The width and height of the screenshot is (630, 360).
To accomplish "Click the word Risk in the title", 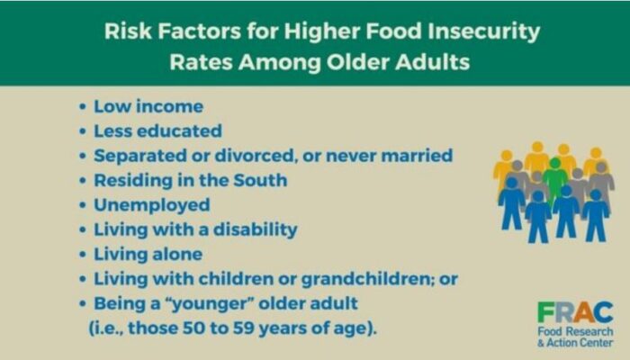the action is (128, 31).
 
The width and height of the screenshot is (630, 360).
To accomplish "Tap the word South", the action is (260, 180).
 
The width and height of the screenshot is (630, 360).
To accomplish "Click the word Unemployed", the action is (152, 205).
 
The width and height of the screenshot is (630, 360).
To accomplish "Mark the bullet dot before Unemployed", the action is (83, 206).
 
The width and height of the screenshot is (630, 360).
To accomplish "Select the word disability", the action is (255, 230).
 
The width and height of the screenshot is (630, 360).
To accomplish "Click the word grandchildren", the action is (366, 280).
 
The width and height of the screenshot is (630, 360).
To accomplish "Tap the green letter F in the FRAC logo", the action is (545, 311).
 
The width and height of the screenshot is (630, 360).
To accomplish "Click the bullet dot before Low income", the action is (83, 107).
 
